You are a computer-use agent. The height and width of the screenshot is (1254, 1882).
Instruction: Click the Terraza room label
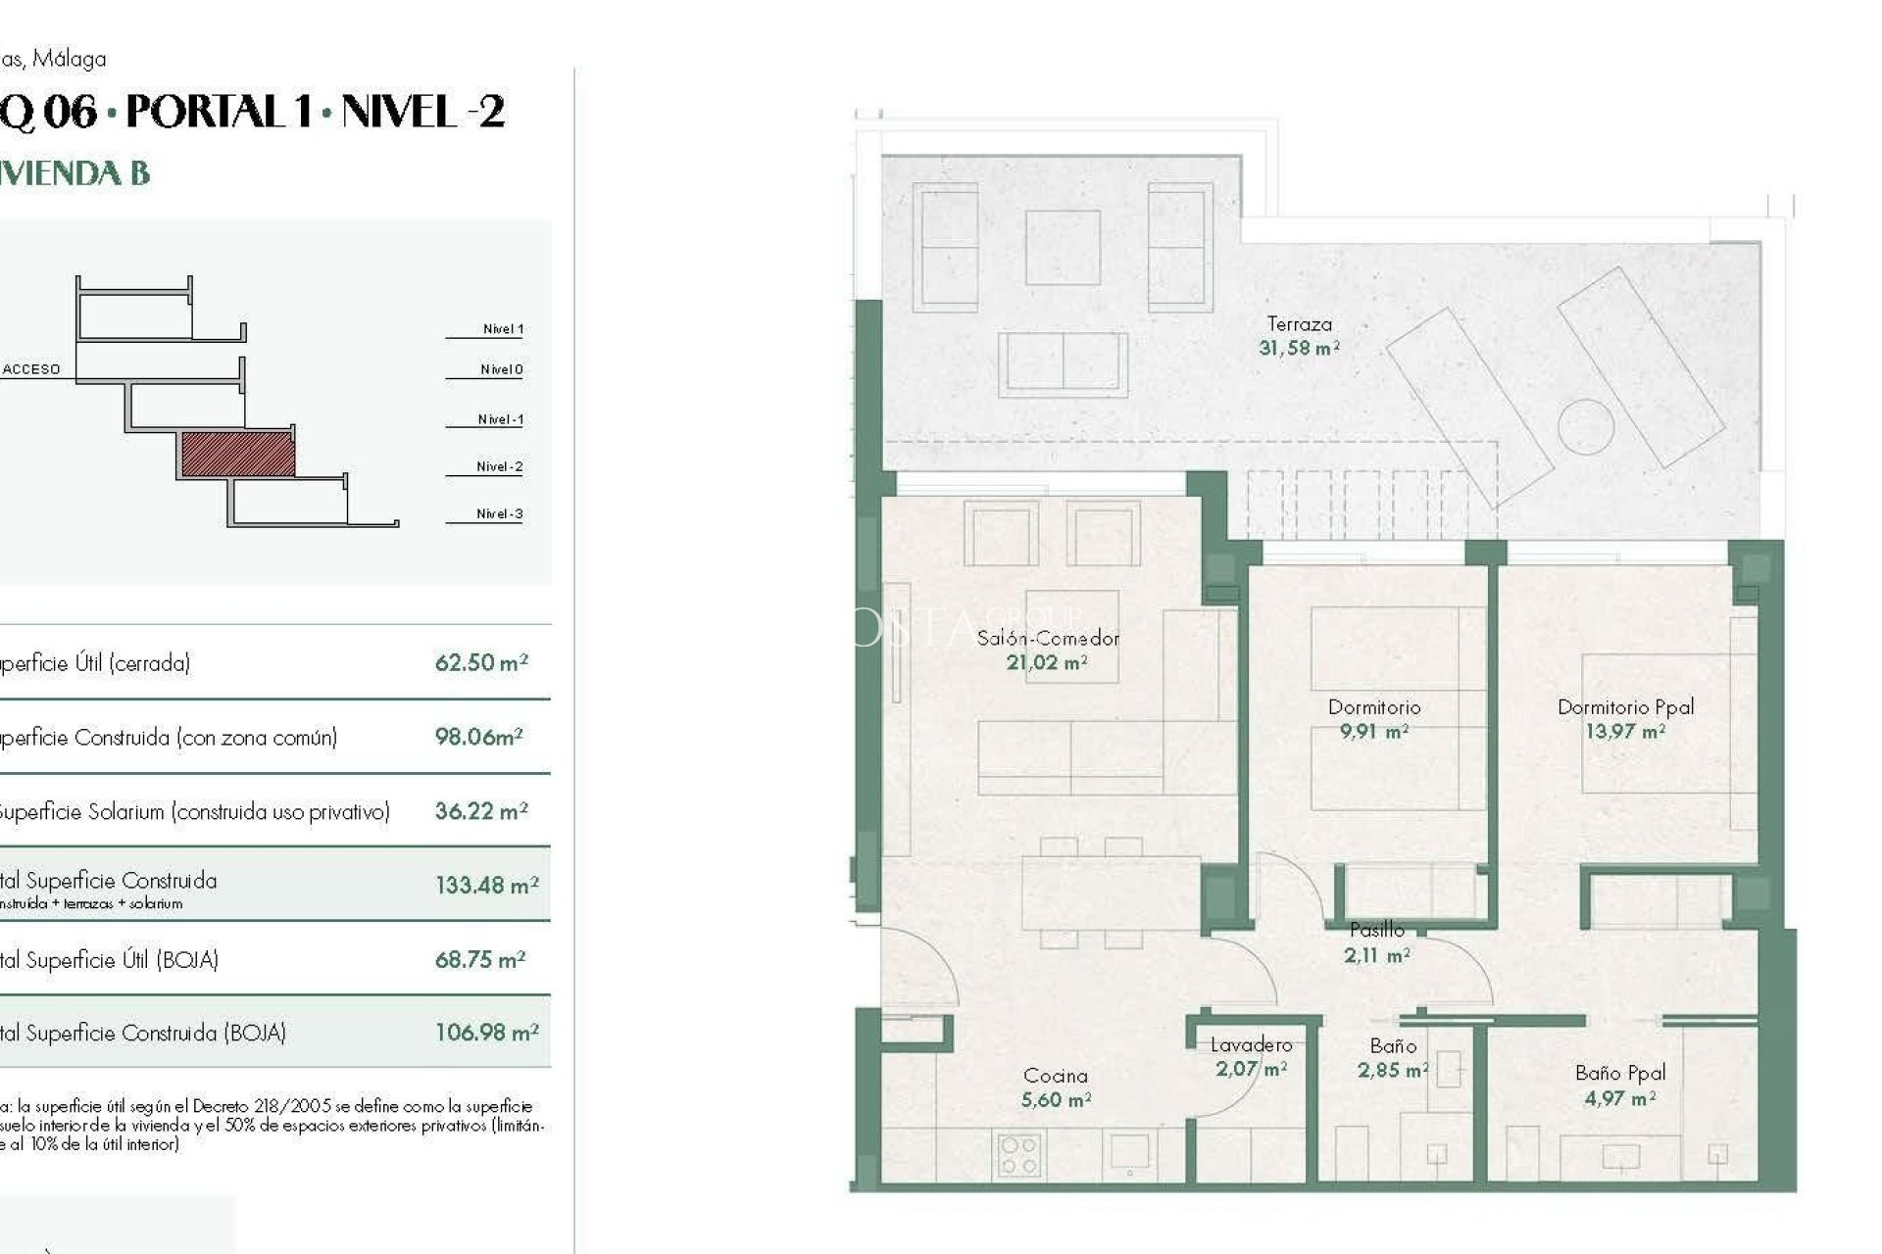click(x=1299, y=323)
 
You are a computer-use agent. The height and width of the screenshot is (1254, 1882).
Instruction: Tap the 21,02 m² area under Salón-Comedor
click(x=1046, y=662)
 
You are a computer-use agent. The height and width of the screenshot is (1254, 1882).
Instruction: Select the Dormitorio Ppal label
click(x=1625, y=706)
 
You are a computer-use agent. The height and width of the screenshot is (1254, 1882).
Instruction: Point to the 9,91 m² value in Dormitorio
click(x=1373, y=731)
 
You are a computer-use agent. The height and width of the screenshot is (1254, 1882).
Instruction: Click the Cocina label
click(x=1055, y=1076)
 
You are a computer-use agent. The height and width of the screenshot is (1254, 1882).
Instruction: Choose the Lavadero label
click(x=1251, y=1045)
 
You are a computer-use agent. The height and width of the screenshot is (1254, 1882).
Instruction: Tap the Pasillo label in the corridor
click(x=1376, y=930)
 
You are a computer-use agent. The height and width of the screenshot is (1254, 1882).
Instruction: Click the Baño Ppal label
click(x=1620, y=1073)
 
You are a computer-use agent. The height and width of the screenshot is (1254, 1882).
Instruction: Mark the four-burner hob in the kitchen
click(x=1018, y=1155)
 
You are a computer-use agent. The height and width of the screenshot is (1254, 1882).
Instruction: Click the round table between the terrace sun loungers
click(x=1585, y=426)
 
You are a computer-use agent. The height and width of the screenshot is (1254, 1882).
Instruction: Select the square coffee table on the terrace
click(x=1063, y=247)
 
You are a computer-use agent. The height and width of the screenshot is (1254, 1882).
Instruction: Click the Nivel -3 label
click(x=499, y=513)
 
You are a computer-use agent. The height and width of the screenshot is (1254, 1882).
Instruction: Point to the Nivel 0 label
click(x=501, y=369)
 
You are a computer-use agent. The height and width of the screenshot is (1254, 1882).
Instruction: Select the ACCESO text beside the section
click(x=31, y=369)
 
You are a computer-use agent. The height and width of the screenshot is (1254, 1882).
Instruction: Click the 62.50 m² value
click(x=480, y=662)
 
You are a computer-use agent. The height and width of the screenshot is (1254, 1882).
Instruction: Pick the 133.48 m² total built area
click(x=486, y=886)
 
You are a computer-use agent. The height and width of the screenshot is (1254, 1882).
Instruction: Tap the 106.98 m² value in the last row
click(x=486, y=1033)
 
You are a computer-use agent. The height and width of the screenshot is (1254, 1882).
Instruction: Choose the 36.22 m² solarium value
click(x=480, y=811)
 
